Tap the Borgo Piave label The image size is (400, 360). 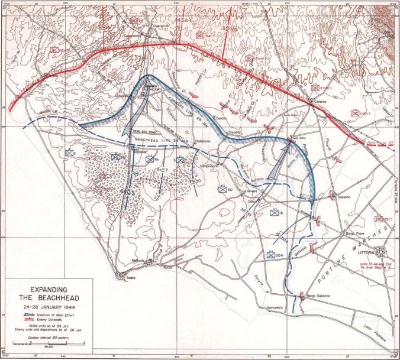click(353, 234)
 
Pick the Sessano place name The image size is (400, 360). click(345, 196)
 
